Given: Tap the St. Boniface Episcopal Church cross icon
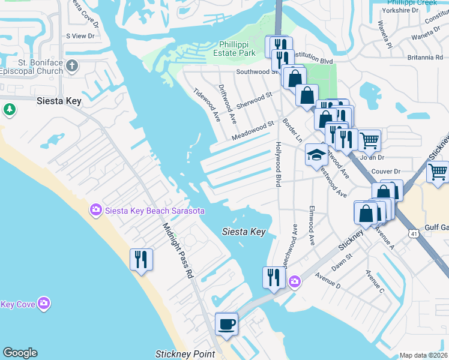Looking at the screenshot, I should click(x=72, y=65).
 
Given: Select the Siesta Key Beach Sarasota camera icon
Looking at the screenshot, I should click(x=95, y=210).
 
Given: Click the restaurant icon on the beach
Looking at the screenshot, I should click(x=141, y=259).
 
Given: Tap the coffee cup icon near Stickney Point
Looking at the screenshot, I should click(x=226, y=324).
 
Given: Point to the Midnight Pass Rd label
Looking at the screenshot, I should click(x=178, y=250).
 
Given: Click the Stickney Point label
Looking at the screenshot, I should click(x=185, y=354).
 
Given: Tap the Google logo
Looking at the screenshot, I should click(x=20, y=353).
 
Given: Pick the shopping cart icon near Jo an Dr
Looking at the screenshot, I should click(x=369, y=140).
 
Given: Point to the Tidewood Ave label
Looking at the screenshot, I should click(x=205, y=103).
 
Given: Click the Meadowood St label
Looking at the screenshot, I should click(x=253, y=131).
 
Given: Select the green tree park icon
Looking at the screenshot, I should click(x=9, y=109).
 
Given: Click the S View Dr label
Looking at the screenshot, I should click(x=81, y=36).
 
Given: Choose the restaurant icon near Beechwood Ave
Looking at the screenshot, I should click(x=273, y=277).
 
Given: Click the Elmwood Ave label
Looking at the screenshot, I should click(x=312, y=226).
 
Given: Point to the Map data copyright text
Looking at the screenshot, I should click(x=423, y=355).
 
